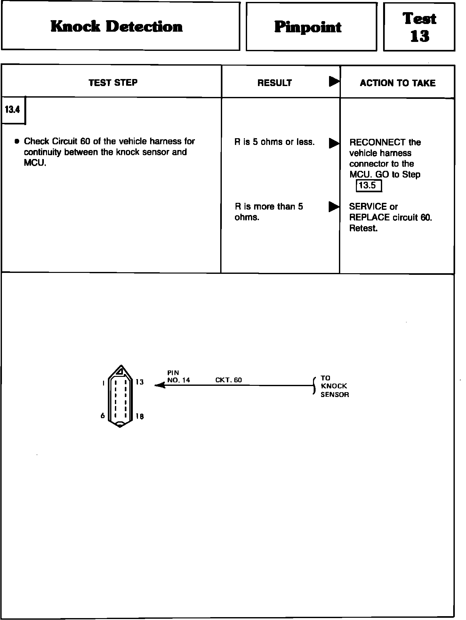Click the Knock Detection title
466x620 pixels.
click(116, 27)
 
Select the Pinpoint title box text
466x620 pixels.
click(308, 27)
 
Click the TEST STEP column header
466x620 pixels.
click(113, 83)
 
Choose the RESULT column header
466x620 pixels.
click(275, 83)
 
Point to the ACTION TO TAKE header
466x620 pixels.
click(398, 83)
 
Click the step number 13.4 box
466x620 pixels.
click(12, 110)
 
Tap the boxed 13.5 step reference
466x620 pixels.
click(369, 186)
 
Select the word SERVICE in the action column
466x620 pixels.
click(368, 207)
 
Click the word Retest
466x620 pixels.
click(363, 228)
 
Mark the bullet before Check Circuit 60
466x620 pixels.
click(17, 141)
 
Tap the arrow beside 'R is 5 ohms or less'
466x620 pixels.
click(334, 143)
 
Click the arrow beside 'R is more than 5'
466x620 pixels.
click(334, 207)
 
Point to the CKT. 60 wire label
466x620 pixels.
click(229, 380)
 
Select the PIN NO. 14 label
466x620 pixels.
click(178, 377)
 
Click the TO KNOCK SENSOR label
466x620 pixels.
click(334, 386)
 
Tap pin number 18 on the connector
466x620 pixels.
click(140, 416)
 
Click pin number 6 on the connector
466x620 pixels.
click(102, 416)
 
